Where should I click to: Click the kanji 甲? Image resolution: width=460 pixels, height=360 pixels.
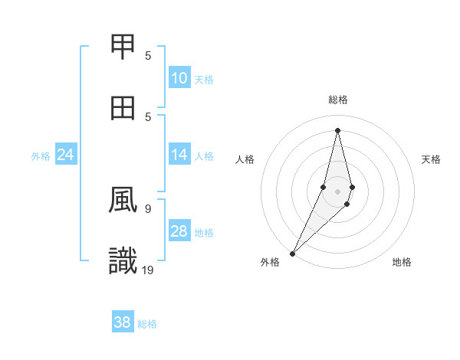coord(123,47)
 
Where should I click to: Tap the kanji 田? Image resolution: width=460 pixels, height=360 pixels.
coord(123,108)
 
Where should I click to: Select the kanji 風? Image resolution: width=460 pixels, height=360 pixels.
coord(123,201)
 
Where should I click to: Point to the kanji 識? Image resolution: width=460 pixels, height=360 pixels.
coord(123,261)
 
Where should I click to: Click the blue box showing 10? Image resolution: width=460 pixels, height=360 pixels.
coord(179,78)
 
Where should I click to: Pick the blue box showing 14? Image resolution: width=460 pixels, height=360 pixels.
coord(179,155)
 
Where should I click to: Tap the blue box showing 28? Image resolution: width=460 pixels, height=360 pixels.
coord(179,231)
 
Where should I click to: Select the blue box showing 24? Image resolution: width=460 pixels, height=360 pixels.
coord(66,155)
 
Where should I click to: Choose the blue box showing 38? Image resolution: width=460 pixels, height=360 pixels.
coord(123,322)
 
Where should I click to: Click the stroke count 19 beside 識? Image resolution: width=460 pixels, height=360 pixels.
coord(148,270)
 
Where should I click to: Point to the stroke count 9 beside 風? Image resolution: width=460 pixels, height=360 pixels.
coord(148,208)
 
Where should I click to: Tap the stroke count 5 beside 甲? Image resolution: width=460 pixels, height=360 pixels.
coord(148,55)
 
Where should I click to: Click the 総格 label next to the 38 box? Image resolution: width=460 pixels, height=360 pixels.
coord(147,324)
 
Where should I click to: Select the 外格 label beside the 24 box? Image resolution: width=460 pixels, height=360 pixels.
coord(41,155)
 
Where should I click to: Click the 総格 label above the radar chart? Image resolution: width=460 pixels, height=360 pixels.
coord(337,100)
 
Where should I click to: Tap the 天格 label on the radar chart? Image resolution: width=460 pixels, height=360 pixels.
coord(431,159)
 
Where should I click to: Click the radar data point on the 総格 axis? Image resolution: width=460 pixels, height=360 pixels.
coord(337,130)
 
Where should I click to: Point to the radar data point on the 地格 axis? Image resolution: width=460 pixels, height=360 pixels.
coord(347,204)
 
